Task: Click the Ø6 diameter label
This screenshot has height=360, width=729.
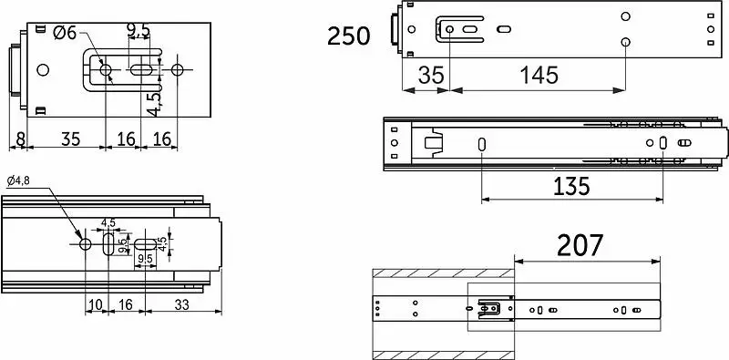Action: point(65,33)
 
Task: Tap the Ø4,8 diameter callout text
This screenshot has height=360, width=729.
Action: point(18,181)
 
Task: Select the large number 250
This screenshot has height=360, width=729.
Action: point(349,36)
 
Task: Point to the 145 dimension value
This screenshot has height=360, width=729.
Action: point(539,75)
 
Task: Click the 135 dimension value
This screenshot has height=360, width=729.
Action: point(571,187)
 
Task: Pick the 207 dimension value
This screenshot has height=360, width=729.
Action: point(580,245)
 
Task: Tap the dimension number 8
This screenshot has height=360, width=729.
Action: point(19,139)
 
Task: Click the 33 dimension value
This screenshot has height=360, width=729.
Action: point(181,304)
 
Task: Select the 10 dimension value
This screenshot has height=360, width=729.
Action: point(96,304)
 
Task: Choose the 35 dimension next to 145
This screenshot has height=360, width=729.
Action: point(431,75)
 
